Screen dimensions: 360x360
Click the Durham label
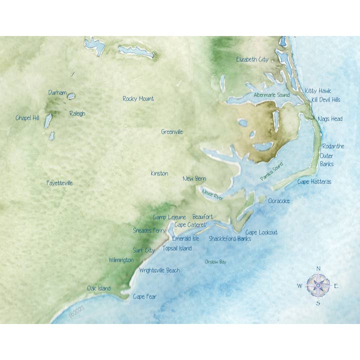pyautogui.click(x=57, y=92)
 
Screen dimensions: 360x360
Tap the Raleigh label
pyautogui.click(x=77, y=113)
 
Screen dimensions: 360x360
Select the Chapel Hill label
pyautogui.click(x=27, y=118)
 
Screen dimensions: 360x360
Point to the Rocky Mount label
pyautogui.click(x=138, y=98)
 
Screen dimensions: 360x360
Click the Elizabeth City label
pyautogui.click(x=252, y=59)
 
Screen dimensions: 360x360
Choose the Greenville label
pyautogui.click(x=172, y=132)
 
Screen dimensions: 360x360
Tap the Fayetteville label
pyautogui.click(x=59, y=183)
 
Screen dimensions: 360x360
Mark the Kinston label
pyautogui.click(x=159, y=173)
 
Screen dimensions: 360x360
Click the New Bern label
pyautogui.click(x=194, y=178)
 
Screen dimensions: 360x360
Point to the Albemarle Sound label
pyautogui.click(x=271, y=95)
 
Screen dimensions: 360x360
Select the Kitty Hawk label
pyautogui.click(x=317, y=90)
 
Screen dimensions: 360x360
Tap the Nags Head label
pyautogui.click(x=330, y=119)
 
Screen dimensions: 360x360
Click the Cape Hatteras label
pyautogui.click(x=314, y=181)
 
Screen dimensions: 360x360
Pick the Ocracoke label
pyautogui.click(x=279, y=200)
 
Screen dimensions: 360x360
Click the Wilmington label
pyautogui.click(x=121, y=260)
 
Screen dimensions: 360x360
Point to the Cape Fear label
pyautogui.click(x=144, y=296)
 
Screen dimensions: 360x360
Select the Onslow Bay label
pyautogui.click(x=215, y=261)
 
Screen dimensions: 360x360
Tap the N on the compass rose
pyautogui.click(x=318, y=269)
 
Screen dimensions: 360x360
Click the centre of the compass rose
pyautogui.click(x=318, y=285)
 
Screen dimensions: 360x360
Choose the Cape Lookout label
pyautogui.click(x=261, y=232)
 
